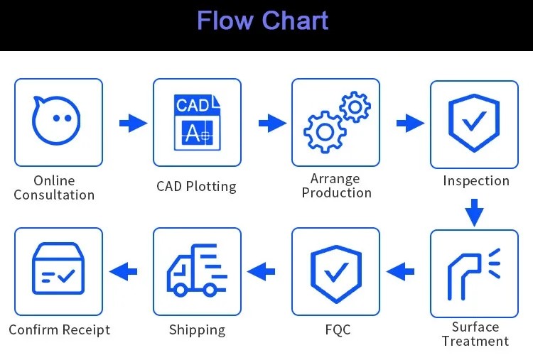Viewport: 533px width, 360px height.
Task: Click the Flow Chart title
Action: [262, 21]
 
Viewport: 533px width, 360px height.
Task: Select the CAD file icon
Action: [197, 121]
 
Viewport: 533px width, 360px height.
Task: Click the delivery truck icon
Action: [197, 271]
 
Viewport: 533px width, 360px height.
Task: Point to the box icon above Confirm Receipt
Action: [58, 271]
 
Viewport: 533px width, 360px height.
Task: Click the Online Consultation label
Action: [54, 187]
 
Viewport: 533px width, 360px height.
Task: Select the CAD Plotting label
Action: [196, 187]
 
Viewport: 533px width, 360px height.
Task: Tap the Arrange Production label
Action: [336, 185]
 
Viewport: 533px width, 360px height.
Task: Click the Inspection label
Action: [475, 180]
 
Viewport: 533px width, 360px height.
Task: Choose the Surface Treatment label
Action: [475, 334]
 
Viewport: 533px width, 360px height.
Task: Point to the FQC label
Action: [337, 329]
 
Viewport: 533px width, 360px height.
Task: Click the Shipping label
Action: [197, 329]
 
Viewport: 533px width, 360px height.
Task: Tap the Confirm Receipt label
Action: [59, 329]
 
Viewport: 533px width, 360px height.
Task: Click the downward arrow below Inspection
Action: [474, 211]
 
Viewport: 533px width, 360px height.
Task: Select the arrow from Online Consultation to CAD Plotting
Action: [132, 124]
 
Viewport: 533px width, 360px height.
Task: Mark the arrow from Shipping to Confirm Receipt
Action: [123, 271]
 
